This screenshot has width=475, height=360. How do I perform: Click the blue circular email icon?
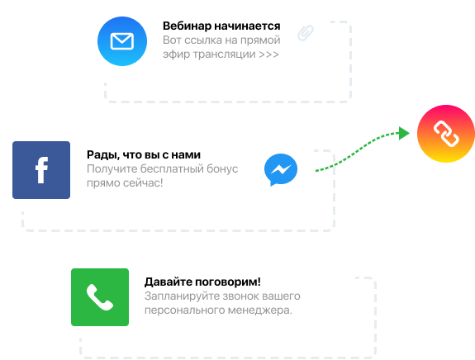pos(122,41)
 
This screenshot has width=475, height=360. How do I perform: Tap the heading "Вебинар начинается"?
pos(221,26)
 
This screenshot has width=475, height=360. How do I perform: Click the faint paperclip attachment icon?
pos(306,33)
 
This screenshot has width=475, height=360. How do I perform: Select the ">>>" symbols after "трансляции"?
pos(268,54)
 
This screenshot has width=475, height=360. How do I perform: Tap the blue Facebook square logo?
pos(41,170)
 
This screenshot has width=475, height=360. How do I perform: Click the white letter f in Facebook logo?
pos(42,170)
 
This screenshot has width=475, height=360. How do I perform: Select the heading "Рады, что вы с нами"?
pos(144,154)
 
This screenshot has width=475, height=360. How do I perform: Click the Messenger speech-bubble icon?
pos(281,169)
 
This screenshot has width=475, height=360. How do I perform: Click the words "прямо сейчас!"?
pos(125,182)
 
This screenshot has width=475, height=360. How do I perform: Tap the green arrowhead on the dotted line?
pos(404,133)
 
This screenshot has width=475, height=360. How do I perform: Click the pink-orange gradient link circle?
pos(446,134)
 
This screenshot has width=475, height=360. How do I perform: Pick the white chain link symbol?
pos(446,134)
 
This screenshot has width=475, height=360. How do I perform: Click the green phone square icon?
pos(100,297)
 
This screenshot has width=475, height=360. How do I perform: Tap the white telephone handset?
pos(100,297)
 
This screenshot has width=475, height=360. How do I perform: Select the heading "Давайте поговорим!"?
pos(202,282)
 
